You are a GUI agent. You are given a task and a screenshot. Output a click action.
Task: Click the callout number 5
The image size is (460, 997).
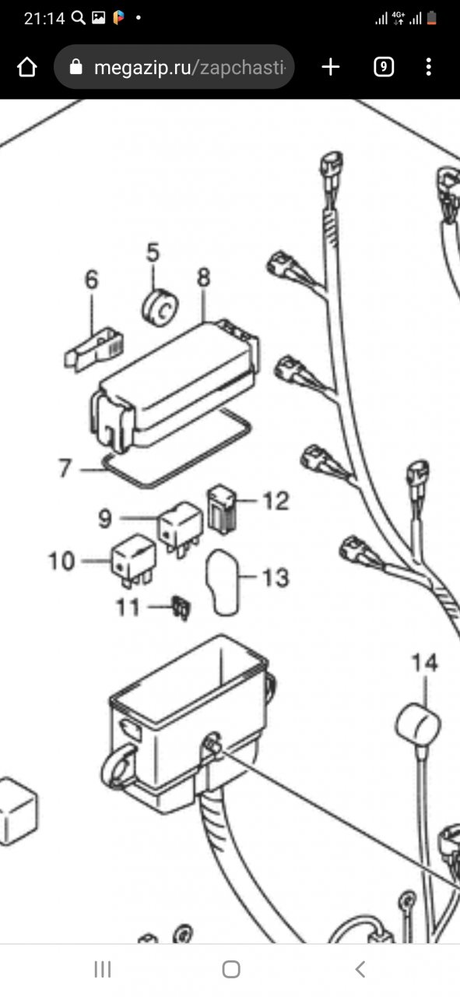[153, 252]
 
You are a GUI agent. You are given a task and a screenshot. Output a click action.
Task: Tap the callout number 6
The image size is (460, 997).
[92, 280]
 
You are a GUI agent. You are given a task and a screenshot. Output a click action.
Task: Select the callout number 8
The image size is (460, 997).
[203, 277]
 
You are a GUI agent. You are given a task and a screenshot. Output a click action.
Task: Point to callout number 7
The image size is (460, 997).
[65, 468]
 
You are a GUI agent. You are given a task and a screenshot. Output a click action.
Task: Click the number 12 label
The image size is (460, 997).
[276, 501]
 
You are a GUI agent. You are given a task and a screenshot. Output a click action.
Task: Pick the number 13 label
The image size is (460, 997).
[276, 578]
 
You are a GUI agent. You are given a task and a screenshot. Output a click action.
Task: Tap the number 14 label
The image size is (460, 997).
[425, 662]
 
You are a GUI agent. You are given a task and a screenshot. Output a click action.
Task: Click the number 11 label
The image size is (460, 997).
[128, 607]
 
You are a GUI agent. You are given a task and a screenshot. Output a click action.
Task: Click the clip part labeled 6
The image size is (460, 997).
[94, 349]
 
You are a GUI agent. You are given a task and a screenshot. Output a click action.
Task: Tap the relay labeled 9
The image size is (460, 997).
[180, 528]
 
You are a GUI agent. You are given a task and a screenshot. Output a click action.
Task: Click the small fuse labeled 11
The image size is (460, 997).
[181, 608]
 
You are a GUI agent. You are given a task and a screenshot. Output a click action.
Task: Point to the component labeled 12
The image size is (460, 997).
[222, 509]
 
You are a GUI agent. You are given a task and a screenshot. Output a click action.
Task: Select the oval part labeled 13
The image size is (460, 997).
[223, 582]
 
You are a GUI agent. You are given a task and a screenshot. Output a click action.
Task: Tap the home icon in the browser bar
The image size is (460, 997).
[27, 67]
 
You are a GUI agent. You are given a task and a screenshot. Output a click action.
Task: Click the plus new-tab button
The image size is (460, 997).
[331, 67]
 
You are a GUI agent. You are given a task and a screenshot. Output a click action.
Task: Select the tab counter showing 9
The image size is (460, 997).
[384, 67]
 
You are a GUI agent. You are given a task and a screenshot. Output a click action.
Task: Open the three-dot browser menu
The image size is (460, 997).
[428, 67]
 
